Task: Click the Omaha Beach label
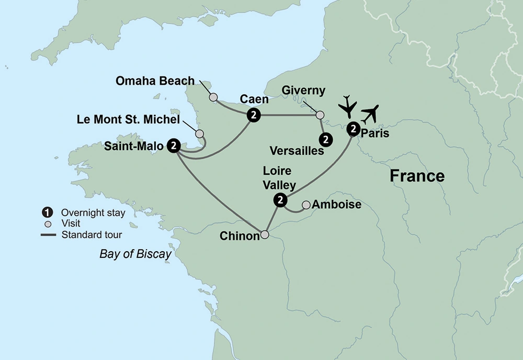[x=154, y=81]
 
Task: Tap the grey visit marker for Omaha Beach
[x=213, y=97]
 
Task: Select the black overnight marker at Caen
[x=253, y=115]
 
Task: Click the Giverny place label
[x=304, y=90]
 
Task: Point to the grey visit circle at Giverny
[x=320, y=115]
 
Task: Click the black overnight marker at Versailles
[x=326, y=139]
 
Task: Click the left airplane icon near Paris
[x=347, y=107]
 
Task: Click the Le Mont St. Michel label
[x=128, y=120]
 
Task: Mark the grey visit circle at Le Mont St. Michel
[x=199, y=134]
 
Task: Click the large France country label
[x=417, y=176]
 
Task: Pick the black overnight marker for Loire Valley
[x=281, y=199]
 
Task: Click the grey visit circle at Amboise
[x=306, y=204]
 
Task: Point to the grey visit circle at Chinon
[x=265, y=235]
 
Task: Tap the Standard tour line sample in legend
[x=48, y=234]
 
